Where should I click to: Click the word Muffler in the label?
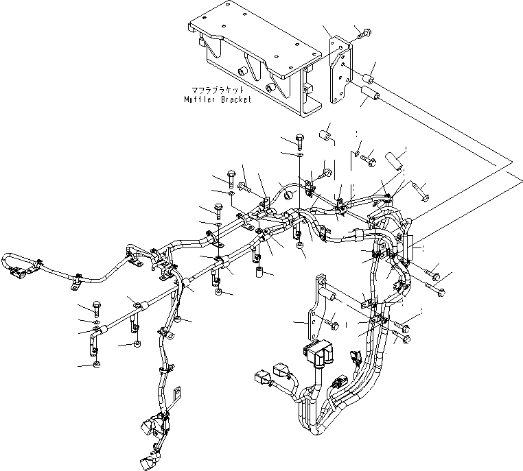[200, 99]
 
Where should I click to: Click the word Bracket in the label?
[235, 99]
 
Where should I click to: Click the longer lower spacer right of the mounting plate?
[371, 92]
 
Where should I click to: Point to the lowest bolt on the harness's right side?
[405, 338]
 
